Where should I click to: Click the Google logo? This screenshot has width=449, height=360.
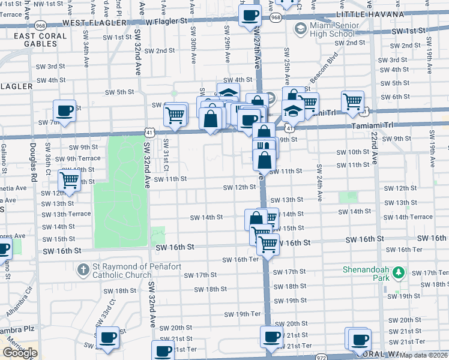[19, 352]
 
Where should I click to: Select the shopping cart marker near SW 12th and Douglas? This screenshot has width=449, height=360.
[70, 180]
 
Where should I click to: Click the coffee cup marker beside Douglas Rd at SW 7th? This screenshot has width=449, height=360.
[64, 110]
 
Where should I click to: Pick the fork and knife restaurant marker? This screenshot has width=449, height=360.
[264, 146]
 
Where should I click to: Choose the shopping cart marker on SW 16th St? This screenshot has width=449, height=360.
[268, 244]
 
